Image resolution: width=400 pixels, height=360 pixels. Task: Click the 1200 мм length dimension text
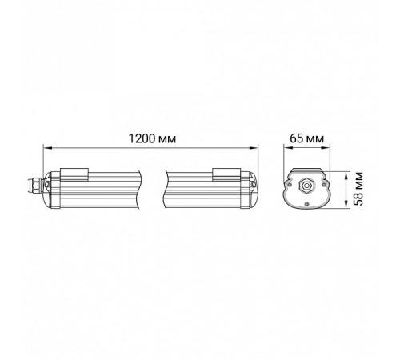150,138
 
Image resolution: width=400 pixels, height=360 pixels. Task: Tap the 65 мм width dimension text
307,138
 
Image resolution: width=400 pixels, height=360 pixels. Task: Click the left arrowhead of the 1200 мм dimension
46,148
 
